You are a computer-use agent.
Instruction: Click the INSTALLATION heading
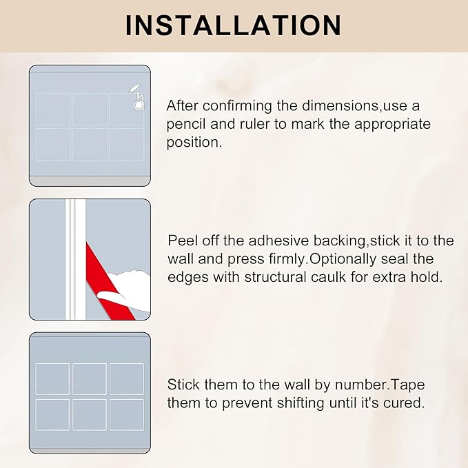click(x=234, y=25)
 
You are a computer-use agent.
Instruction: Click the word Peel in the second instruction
click(x=182, y=241)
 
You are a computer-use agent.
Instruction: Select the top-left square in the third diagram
click(x=52, y=378)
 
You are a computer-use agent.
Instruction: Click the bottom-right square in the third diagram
click(x=126, y=414)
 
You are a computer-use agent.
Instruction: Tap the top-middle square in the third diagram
click(x=90, y=378)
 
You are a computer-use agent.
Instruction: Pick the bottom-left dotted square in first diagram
click(x=54, y=144)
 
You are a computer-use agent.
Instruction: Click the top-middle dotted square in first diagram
click(x=90, y=109)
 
